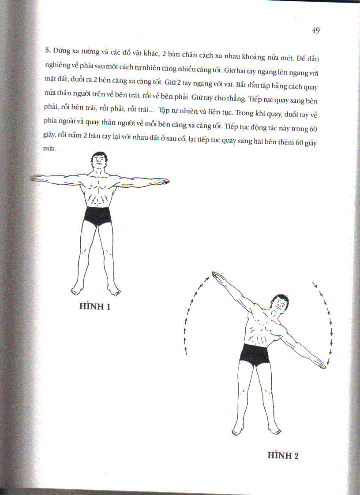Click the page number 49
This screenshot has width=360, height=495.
315,30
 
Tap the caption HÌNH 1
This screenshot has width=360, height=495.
94,306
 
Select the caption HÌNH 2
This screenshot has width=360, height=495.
283,456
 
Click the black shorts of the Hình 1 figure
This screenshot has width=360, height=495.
97,216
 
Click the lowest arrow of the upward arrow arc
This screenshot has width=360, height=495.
186,351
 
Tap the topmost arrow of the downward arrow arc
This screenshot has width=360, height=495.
315,283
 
